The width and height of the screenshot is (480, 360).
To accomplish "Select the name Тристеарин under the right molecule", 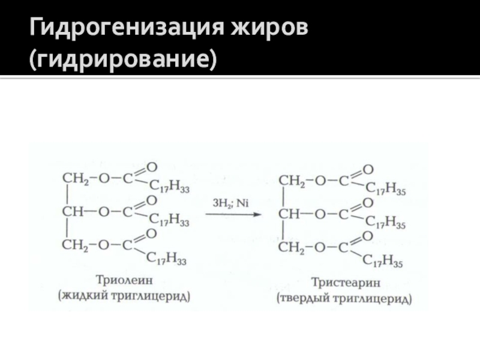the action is tap(343, 281).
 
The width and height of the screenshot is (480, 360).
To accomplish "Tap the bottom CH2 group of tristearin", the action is tap(293, 247).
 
